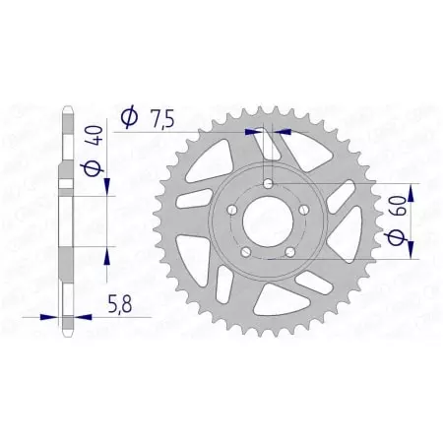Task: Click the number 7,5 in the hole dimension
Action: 162,119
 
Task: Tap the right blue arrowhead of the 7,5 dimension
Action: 282,129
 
